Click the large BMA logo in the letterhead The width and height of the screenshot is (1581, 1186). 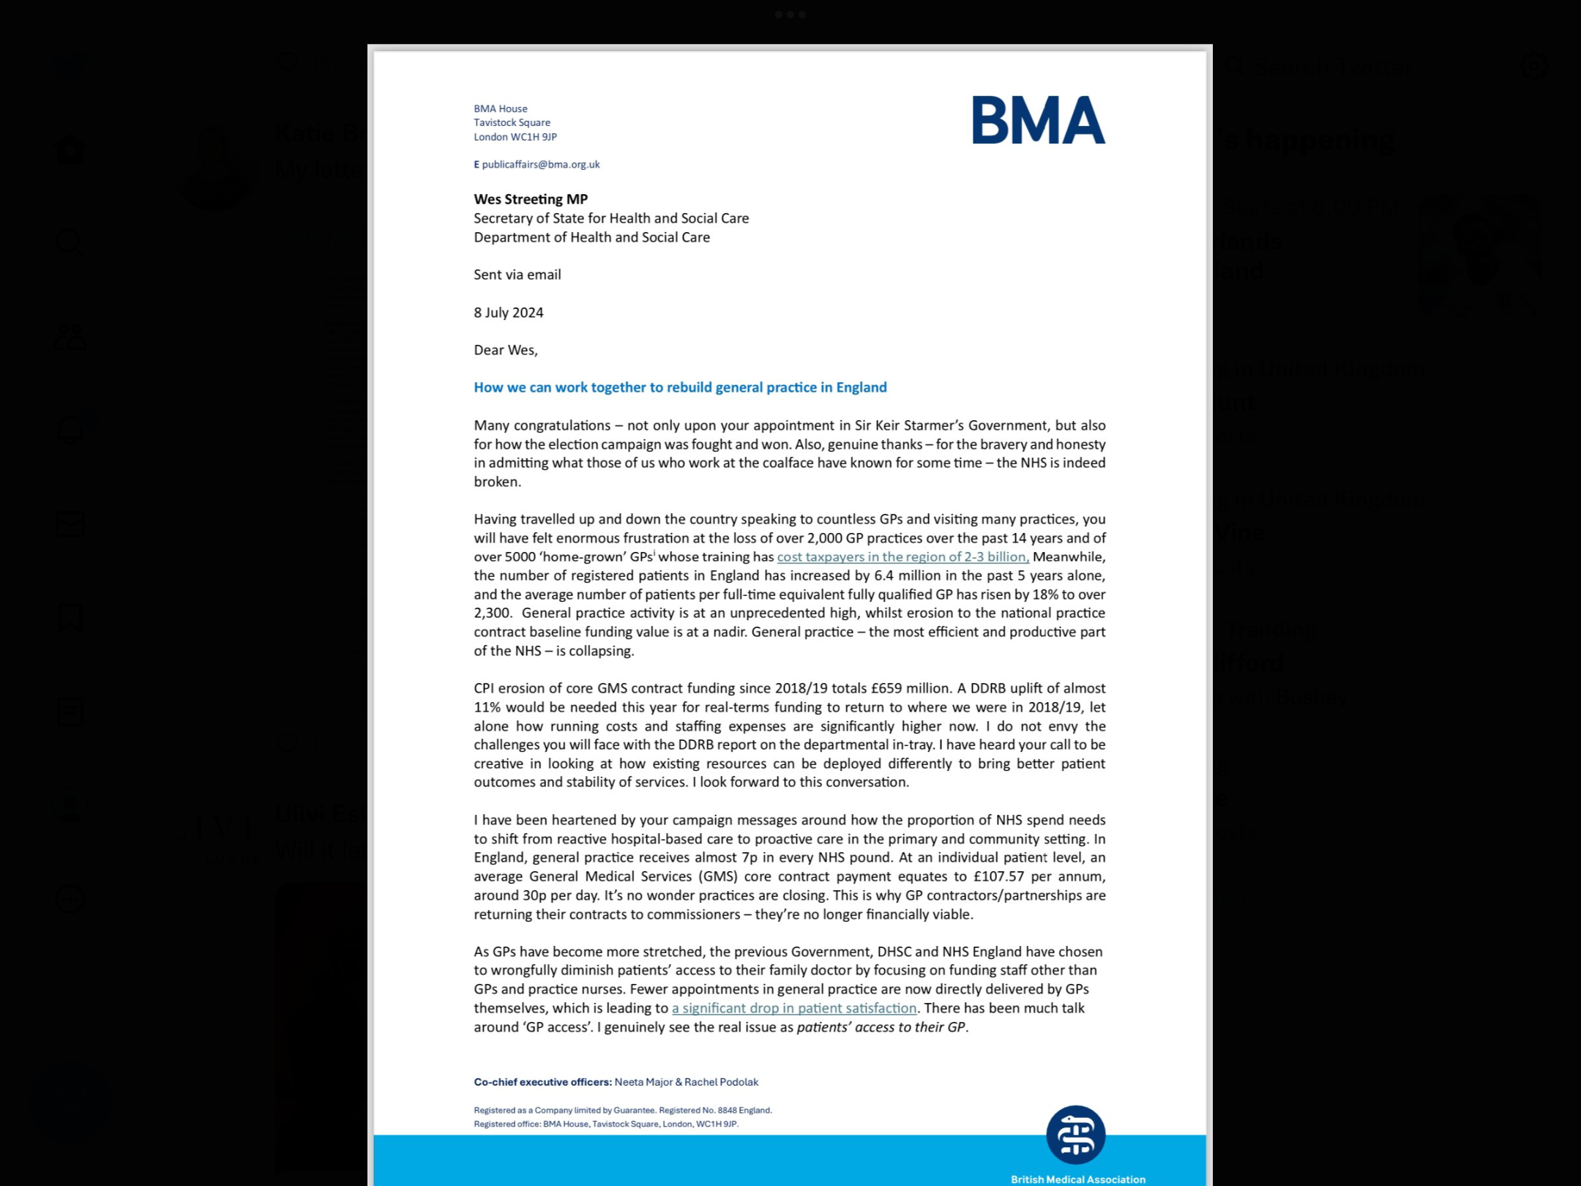[x=1038, y=121]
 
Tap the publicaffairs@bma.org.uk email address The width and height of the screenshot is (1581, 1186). [x=540, y=165]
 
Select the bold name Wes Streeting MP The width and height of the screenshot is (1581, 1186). [x=531, y=199]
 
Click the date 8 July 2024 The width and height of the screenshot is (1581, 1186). [x=509, y=313]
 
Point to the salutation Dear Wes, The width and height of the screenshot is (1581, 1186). [x=506, y=350]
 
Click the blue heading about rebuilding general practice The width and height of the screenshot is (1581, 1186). [x=680, y=387]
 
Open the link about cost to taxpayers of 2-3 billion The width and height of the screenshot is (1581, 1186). [x=902, y=557]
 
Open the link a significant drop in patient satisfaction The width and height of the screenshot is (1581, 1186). [x=794, y=1008]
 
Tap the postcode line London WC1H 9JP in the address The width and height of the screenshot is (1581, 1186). [x=515, y=137]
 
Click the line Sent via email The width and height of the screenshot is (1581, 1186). [x=517, y=275]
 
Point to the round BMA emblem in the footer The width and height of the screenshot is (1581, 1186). [x=1075, y=1135]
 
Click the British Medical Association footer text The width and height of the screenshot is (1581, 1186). [x=1077, y=1179]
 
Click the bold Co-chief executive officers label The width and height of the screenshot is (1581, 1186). [x=542, y=1082]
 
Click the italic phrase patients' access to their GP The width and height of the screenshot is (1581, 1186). [x=881, y=1027]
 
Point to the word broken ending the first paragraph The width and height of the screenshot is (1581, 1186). [x=496, y=482]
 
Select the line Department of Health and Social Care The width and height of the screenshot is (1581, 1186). [x=591, y=237]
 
